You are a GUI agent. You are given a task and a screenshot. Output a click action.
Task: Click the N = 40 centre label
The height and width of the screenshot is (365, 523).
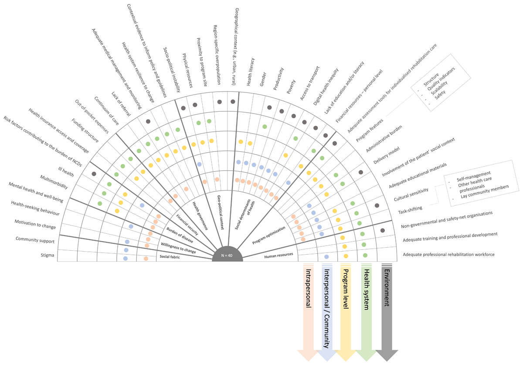point(227,256)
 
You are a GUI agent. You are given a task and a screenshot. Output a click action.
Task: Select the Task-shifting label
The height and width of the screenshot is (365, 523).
point(410,208)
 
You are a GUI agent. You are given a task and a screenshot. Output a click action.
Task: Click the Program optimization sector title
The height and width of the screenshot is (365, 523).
point(269,236)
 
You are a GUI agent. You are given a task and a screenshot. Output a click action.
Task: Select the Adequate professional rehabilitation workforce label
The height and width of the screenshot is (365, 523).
point(448,254)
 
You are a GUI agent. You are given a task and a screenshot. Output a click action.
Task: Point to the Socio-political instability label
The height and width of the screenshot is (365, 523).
point(171,69)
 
